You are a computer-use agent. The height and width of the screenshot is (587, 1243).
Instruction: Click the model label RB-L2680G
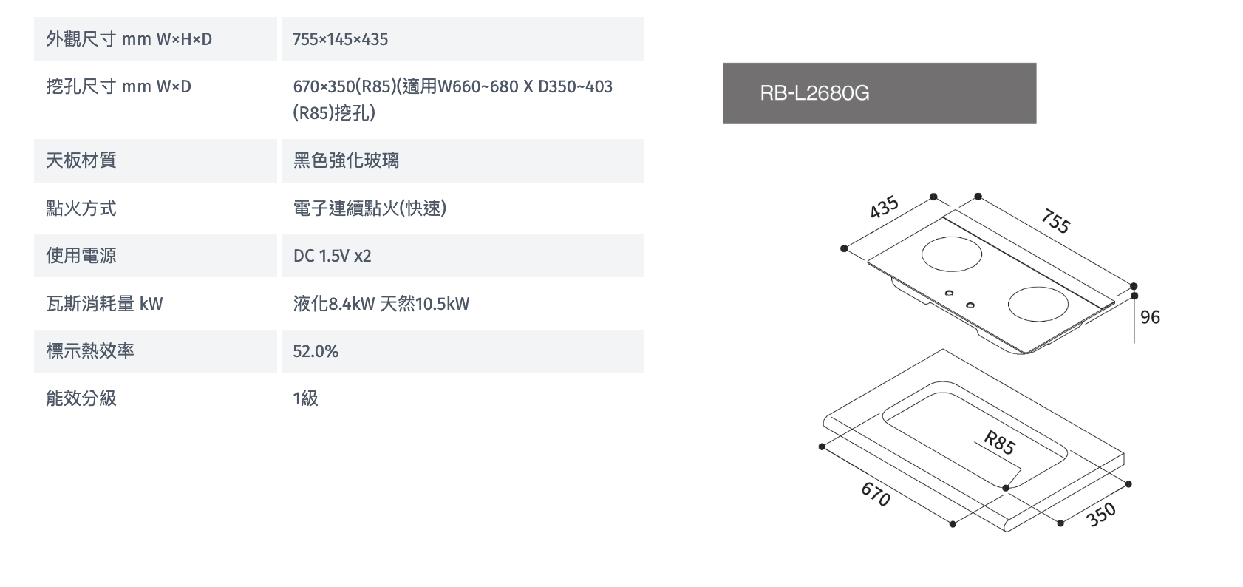[814, 93]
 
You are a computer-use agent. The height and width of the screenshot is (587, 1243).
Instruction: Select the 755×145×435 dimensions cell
[340, 39]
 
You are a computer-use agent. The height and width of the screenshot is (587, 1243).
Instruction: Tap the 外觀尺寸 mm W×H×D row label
[129, 39]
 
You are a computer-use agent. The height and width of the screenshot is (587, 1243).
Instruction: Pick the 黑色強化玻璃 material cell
[346, 160]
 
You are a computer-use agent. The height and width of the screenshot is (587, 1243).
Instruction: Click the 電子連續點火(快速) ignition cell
[370, 208]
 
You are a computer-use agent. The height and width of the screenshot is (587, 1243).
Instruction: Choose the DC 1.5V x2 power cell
[332, 256]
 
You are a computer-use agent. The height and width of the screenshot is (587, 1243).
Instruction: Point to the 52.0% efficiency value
[316, 351]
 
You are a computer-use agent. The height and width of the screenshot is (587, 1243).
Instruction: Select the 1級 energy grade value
[305, 398]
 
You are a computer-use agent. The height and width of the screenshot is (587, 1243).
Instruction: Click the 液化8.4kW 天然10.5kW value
[381, 304]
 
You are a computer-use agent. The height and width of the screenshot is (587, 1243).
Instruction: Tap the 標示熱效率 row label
[90, 351]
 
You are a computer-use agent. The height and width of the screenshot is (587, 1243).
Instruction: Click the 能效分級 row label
[81, 398]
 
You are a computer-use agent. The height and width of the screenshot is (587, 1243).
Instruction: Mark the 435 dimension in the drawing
[884, 207]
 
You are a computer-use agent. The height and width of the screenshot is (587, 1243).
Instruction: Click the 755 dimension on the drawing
[1056, 221]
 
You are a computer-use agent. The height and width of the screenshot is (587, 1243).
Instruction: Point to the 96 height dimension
[1150, 317]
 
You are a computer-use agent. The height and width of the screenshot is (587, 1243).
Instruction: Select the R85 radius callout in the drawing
[999, 443]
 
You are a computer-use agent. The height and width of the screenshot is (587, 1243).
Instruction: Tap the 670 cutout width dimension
[876, 495]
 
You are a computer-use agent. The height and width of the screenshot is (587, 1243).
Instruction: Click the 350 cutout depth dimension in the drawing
[1101, 515]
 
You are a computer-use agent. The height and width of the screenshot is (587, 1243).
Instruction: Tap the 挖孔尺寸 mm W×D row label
[118, 86]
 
